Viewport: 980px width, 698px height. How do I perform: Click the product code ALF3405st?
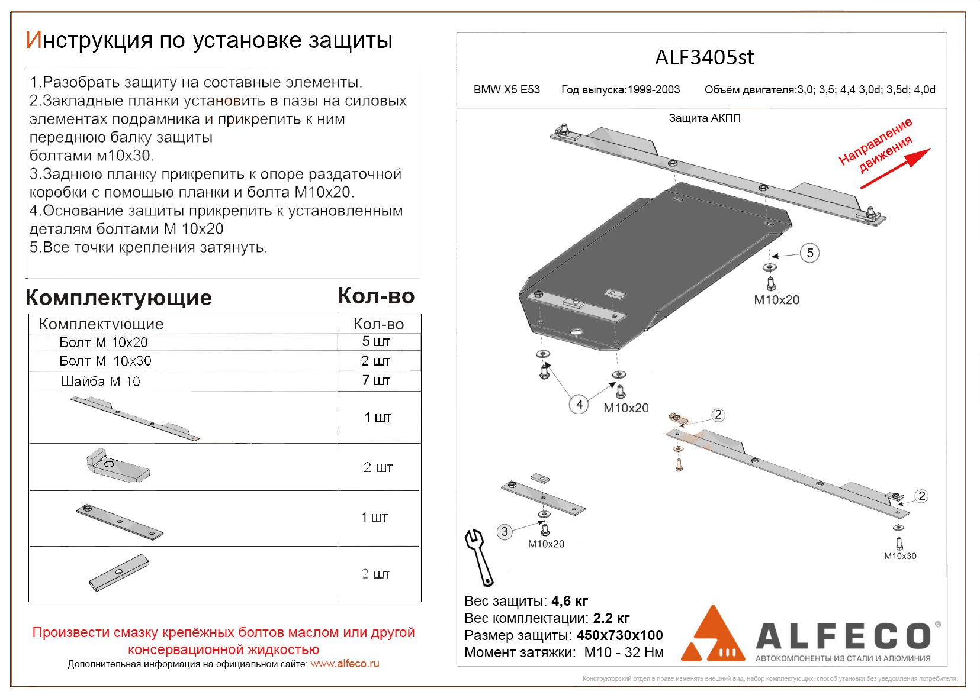pyautogui.click(x=704, y=57)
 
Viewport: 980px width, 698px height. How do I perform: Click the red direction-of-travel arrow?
pyautogui.click(x=895, y=169)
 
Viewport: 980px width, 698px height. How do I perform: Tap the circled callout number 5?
pyautogui.click(x=809, y=253)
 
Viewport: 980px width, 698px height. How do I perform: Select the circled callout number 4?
pyautogui.click(x=579, y=405)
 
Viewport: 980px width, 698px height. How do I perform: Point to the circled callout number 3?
pyautogui.click(x=505, y=531)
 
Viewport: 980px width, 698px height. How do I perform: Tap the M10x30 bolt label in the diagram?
pyautogui.click(x=900, y=556)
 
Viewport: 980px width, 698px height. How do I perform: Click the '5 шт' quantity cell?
pyautogui.click(x=377, y=342)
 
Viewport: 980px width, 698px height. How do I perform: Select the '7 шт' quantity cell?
pyautogui.click(x=377, y=380)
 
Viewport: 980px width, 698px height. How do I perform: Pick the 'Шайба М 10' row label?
pyautogui.click(x=100, y=382)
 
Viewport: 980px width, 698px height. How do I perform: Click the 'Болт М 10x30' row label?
pyautogui.click(x=105, y=361)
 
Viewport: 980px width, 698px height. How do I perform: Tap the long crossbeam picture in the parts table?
pyautogui.click(x=135, y=418)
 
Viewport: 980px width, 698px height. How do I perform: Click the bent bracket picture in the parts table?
pyautogui.click(x=117, y=466)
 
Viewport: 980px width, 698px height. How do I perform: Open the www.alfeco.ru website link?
pyautogui.click(x=345, y=664)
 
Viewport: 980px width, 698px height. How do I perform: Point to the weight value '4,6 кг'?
pyautogui.click(x=570, y=601)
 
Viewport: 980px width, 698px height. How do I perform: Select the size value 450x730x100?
pyautogui.click(x=619, y=635)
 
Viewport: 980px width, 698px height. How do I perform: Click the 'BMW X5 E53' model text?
pyautogui.click(x=507, y=90)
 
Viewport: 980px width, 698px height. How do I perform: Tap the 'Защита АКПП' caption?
pyautogui.click(x=705, y=118)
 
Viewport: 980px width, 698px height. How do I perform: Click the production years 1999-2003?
pyautogui.click(x=653, y=90)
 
